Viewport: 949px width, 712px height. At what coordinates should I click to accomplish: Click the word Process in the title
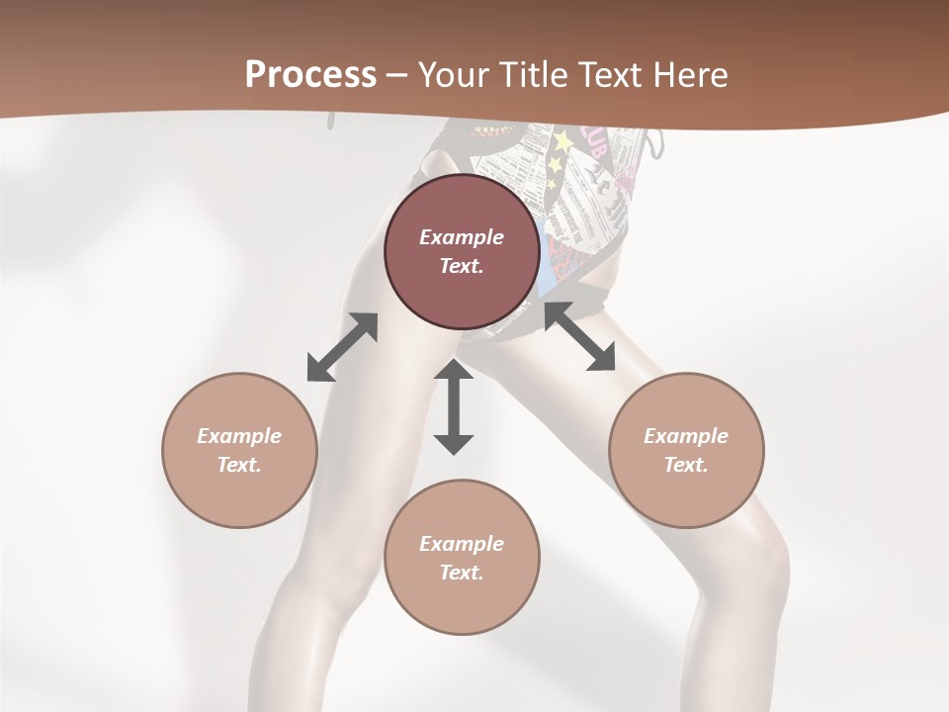pyautogui.click(x=310, y=75)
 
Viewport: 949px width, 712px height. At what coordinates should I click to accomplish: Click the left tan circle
pyautogui.click(x=239, y=450)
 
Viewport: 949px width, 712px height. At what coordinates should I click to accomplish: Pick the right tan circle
pyautogui.click(x=686, y=450)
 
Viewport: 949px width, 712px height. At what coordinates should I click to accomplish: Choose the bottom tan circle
pyautogui.click(x=462, y=557)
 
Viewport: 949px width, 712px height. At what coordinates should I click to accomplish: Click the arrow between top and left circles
pyautogui.click(x=342, y=347)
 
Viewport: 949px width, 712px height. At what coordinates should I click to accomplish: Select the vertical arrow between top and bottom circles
pyautogui.click(x=454, y=406)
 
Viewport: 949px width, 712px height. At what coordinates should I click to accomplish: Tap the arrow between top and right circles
pyautogui.click(x=579, y=336)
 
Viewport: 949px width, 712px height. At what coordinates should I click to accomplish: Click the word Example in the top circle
pyautogui.click(x=462, y=237)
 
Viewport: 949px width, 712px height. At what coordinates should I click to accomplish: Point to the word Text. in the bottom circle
pyautogui.click(x=462, y=573)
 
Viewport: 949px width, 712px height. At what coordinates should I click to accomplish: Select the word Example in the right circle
pyautogui.click(x=686, y=436)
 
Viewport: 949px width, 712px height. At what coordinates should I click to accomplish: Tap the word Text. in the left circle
pyautogui.click(x=239, y=465)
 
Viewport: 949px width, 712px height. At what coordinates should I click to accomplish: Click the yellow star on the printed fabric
pyautogui.click(x=562, y=141)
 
